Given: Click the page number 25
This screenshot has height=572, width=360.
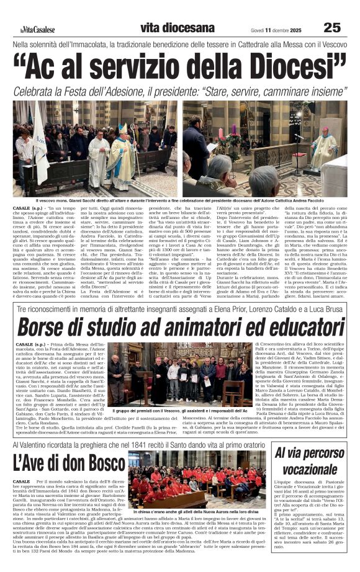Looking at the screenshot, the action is (332, 27).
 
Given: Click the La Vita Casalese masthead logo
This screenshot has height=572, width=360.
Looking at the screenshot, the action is (37, 30).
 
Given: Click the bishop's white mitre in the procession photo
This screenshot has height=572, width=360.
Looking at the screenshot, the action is (123, 128).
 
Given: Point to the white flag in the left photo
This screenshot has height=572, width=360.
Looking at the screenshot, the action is (39, 143).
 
